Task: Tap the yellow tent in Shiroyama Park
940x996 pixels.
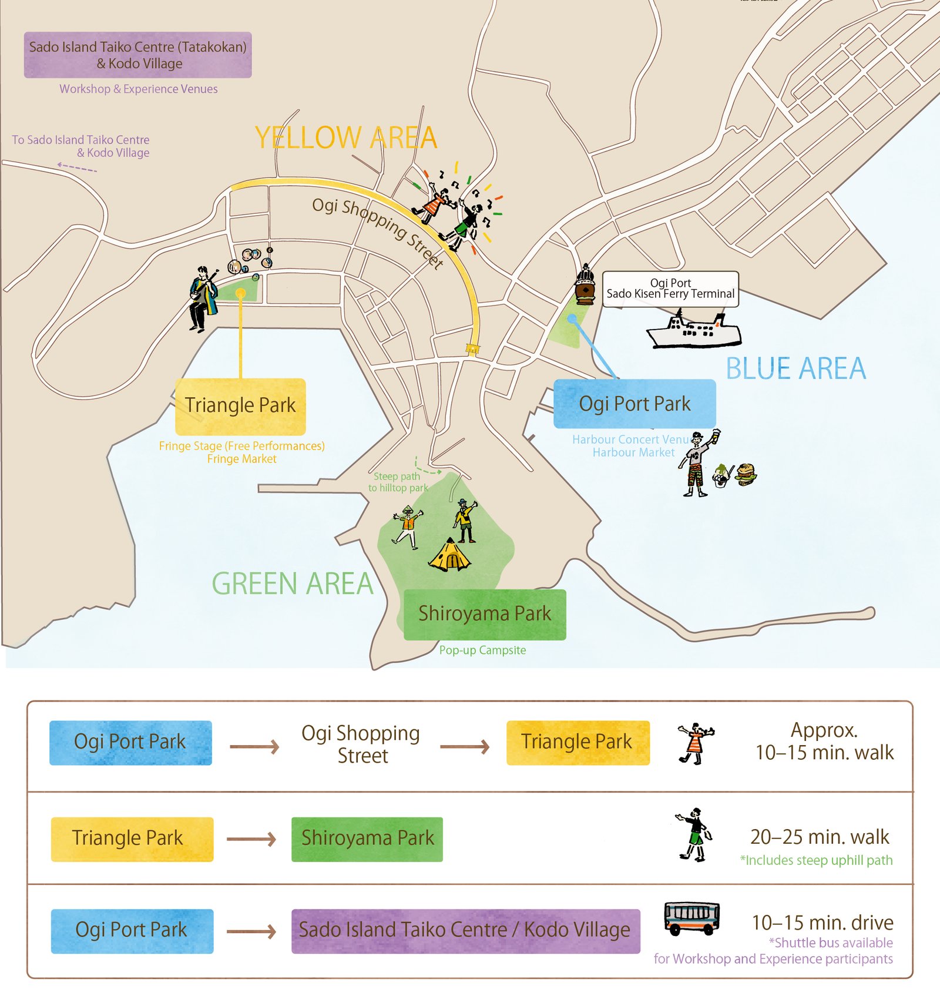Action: click(450, 555)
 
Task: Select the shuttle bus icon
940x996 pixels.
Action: click(691, 918)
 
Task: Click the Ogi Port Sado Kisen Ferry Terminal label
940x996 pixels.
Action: click(670, 289)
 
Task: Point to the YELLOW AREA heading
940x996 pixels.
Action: click(345, 138)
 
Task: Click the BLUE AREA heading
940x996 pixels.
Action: click(795, 369)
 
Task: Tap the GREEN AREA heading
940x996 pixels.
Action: click(292, 584)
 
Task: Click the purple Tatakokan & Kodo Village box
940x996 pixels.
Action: click(137, 55)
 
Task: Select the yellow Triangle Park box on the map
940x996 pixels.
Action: click(240, 405)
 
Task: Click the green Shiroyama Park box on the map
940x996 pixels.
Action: click(485, 614)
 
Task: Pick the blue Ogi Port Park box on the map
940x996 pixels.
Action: click(634, 404)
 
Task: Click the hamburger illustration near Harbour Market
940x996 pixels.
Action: click(746, 474)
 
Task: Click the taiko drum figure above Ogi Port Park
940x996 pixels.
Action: click(585, 286)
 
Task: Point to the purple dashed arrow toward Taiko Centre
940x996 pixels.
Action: click(77, 167)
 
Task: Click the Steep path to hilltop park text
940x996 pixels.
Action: click(398, 482)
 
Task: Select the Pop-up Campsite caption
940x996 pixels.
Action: click(482, 650)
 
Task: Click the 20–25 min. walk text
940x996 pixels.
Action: click(820, 837)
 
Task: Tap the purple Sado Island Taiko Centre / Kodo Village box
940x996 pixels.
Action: click(465, 930)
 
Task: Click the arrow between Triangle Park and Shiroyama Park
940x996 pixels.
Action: click(251, 839)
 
